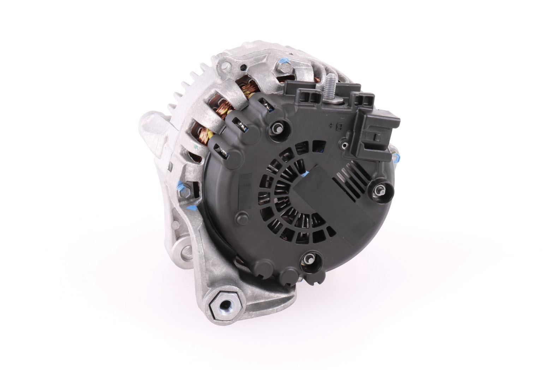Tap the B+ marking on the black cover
tap(339, 128)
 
